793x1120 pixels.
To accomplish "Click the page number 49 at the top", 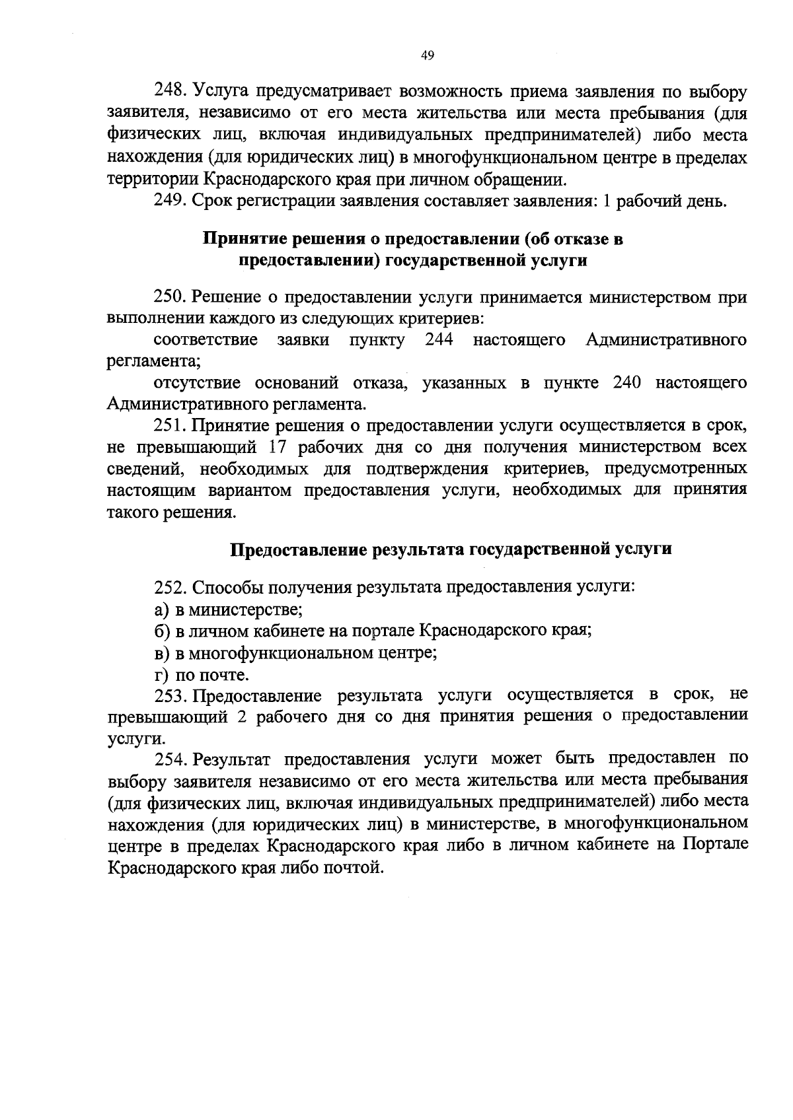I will [x=427, y=56].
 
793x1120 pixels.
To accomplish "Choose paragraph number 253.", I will [x=171, y=695].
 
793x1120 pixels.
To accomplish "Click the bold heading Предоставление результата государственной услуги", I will [x=451, y=549].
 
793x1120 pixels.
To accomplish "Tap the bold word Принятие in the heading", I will [x=241, y=239].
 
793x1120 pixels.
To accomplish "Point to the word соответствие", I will [x=206, y=340].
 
